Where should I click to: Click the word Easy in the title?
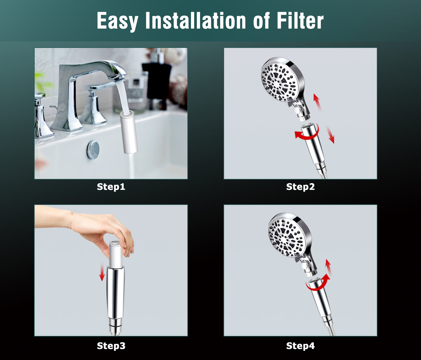click(x=117, y=21)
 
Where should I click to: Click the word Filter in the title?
click(x=300, y=21)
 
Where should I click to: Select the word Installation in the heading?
click(x=195, y=21)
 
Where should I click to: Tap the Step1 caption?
click(x=111, y=187)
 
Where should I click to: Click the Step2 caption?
click(x=300, y=187)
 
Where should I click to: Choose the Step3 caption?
click(x=111, y=346)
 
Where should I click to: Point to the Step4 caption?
click(x=300, y=346)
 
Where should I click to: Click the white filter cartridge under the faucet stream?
click(x=128, y=132)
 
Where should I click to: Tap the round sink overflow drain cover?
click(x=93, y=150)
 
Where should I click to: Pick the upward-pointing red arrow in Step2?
click(x=317, y=102)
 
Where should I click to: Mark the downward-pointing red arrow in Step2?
click(x=330, y=135)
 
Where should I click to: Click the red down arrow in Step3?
click(x=102, y=272)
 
